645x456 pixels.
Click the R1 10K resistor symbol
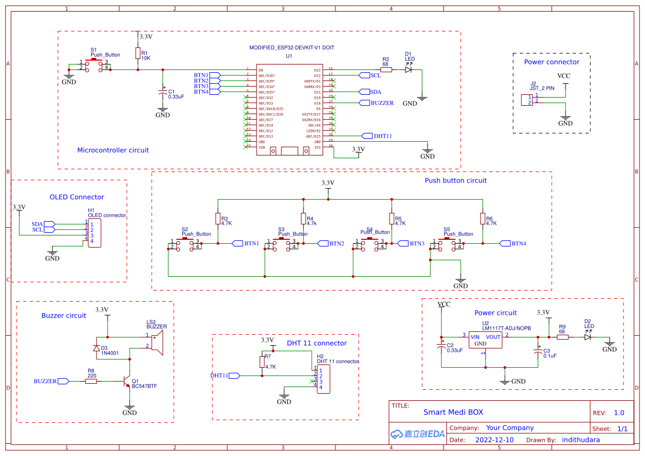137,53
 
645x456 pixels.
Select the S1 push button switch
94,65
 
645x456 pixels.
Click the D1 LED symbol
408,70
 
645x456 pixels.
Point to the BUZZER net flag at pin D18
376,103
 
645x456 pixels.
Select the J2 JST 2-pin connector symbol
527,100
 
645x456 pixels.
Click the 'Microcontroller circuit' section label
113,150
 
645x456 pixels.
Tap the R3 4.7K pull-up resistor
218,219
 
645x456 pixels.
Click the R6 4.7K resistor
483,219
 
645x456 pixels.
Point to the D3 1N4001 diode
97,347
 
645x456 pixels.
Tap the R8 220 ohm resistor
92,381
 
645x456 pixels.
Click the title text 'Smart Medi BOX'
453,412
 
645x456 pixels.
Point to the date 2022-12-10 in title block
494,440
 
